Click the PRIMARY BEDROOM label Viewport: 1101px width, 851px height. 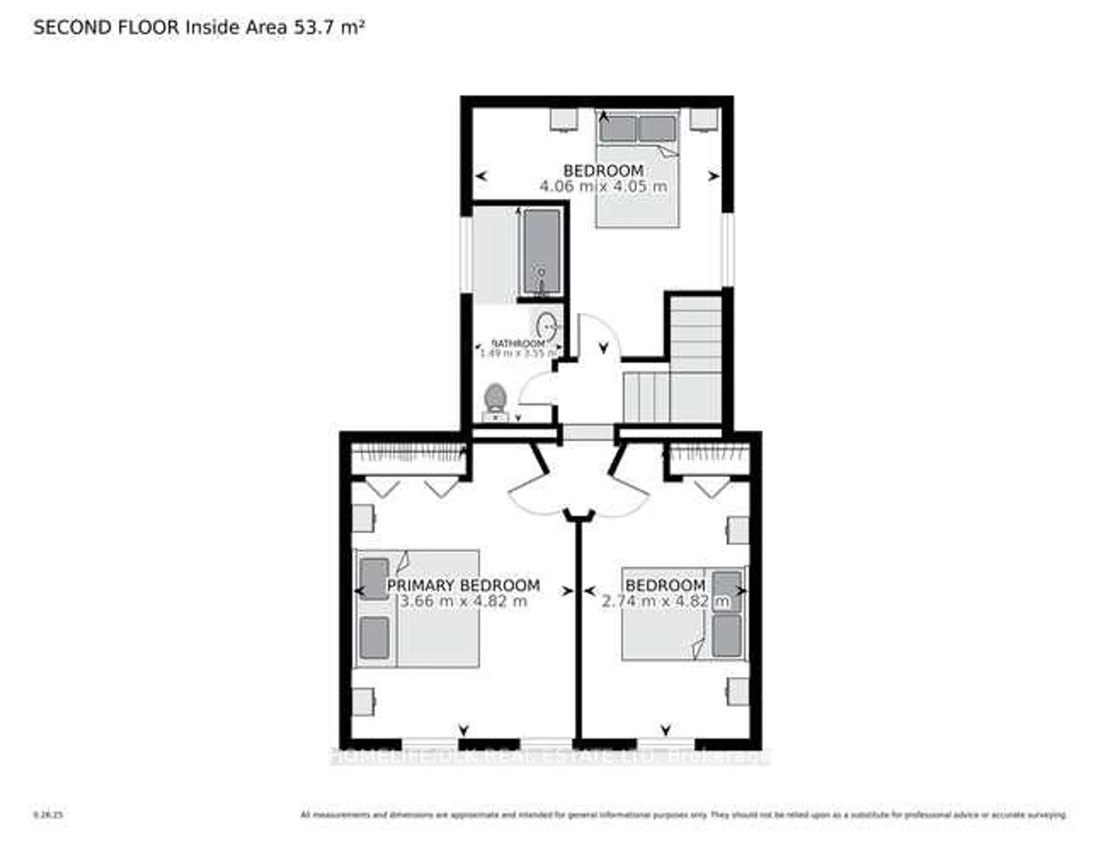click(463, 585)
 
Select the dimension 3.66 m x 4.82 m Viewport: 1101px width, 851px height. click(463, 601)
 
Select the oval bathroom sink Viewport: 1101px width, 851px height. click(546, 326)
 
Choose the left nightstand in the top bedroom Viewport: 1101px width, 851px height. click(563, 120)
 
